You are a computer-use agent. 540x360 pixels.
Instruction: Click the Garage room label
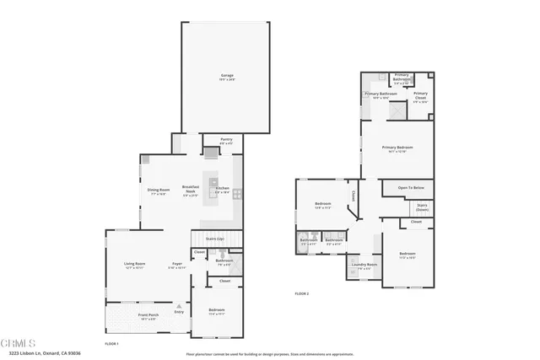[x=226, y=77]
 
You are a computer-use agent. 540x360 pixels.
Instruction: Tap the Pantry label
[x=226, y=140]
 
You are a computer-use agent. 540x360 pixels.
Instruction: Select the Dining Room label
[x=159, y=191]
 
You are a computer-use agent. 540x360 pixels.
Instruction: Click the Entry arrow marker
[x=179, y=312]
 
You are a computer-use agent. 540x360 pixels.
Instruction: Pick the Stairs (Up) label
[x=214, y=239]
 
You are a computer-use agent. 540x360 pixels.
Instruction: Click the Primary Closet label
[x=420, y=95]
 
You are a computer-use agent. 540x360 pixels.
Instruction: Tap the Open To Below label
[x=411, y=187]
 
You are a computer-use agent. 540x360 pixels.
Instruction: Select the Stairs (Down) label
[x=422, y=207]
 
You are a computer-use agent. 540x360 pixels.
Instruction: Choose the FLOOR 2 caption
[x=302, y=293]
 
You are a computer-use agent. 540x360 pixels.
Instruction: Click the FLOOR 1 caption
[x=111, y=344]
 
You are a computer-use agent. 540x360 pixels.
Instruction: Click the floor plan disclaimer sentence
[x=270, y=355]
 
